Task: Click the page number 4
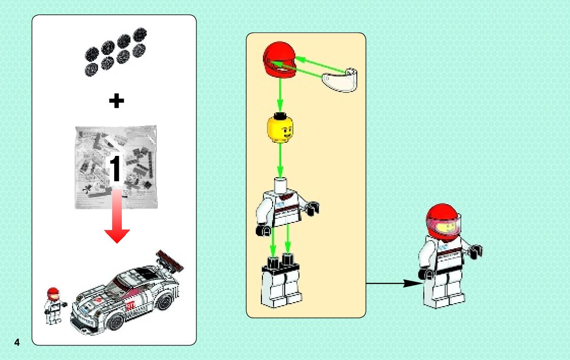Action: pyautogui.click(x=17, y=342)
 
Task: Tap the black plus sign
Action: pyautogui.click(x=116, y=101)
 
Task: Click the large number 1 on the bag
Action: pyautogui.click(x=116, y=170)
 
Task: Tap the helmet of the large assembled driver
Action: pyautogui.click(x=444, y=221)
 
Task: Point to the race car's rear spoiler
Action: pyautogui.click(x=171, y=258)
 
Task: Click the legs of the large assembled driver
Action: pyautogui.click(x=444, y=291)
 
